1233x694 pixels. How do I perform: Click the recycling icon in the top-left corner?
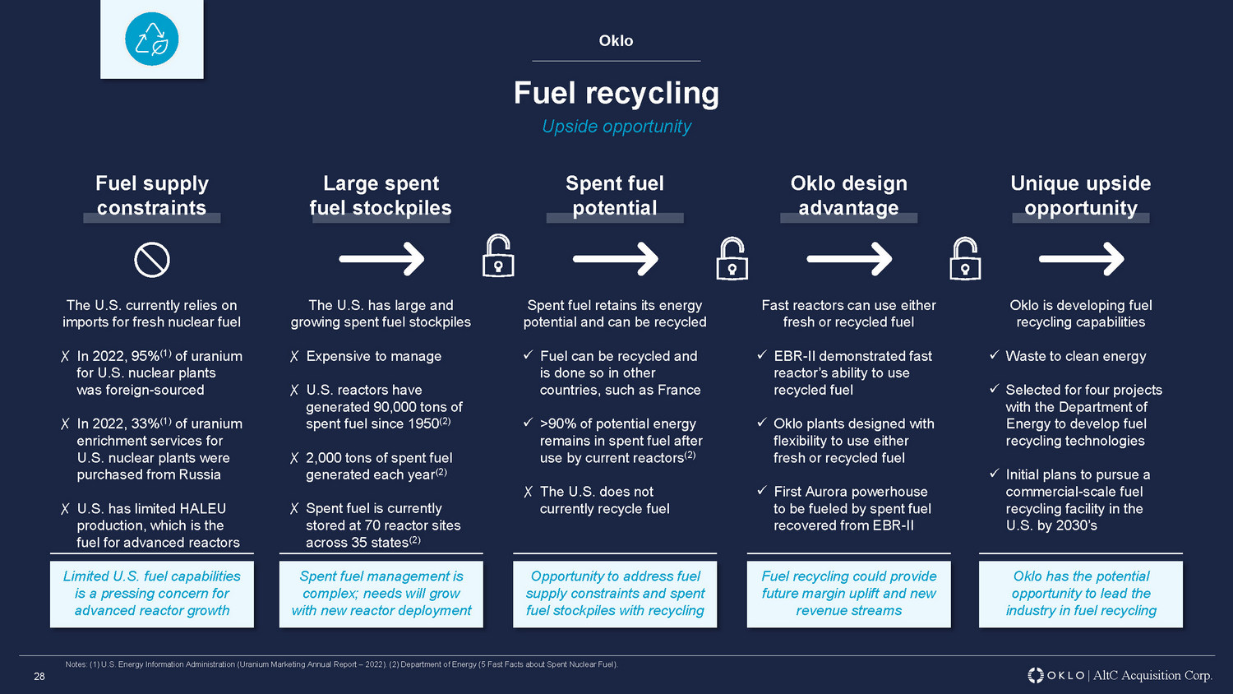pos(152,39)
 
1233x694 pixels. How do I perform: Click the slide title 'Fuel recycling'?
pos(616,93)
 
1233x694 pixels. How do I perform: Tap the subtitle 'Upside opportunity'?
pos(616,127)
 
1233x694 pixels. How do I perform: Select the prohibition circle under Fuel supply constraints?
pos(152,260)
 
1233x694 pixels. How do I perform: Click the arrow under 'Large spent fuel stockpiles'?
pos(381,260)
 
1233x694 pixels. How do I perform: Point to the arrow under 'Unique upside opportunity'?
pos(1081,260)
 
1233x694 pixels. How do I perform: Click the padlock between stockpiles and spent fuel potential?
pos(498,257)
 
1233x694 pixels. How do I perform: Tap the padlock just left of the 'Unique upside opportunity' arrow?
pos(965,259)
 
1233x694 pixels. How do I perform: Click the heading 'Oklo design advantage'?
pos(848,196)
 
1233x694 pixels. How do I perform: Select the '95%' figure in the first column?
pos(145,356)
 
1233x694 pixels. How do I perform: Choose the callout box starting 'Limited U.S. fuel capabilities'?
pos(152,594)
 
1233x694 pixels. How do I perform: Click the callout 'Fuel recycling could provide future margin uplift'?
pos(848,594)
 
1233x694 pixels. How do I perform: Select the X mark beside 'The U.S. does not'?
pos(529,493)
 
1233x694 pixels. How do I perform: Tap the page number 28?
pos(39,677)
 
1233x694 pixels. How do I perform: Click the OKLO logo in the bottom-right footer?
pos(1056,675)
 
